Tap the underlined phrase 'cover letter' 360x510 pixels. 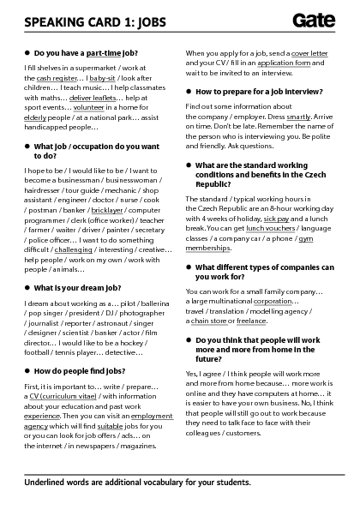pos(310,53)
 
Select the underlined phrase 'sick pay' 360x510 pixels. pos(277,219)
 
